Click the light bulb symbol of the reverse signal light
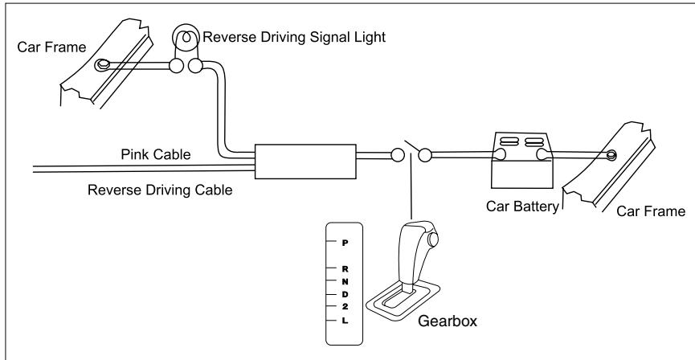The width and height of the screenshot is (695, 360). (x=183, y=37)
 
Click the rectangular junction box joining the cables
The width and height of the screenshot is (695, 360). (x=304, y=162)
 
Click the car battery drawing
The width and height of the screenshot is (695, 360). (x=517, y=160)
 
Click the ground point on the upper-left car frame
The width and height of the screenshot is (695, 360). (x=102, y=64)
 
